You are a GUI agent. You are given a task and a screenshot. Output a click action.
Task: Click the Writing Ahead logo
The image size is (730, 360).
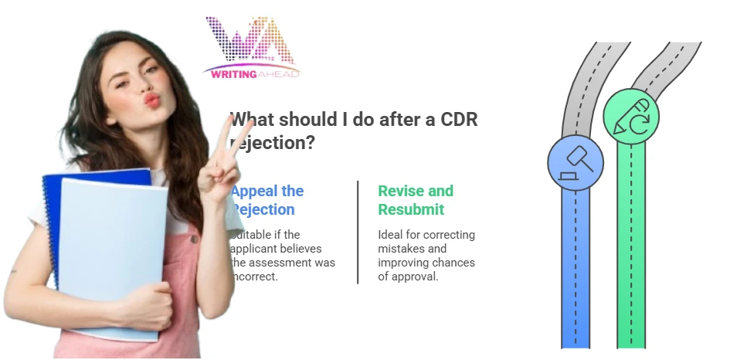(252, 48)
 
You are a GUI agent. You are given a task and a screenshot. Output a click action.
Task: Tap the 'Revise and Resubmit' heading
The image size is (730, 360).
(416, 200)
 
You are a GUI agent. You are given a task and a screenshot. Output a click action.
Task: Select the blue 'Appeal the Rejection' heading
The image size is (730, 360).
(267, 200)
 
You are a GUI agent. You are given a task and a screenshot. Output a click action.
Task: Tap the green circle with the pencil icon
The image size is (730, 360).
(630, 115)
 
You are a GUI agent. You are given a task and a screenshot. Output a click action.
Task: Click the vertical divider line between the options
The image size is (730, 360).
(358, 232)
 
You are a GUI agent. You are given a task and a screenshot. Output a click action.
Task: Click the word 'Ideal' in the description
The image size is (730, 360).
(392, 235)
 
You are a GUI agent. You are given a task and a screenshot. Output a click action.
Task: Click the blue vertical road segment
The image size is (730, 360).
(575, 270)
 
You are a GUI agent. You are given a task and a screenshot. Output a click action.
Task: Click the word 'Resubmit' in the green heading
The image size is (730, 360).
(411, 209)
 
